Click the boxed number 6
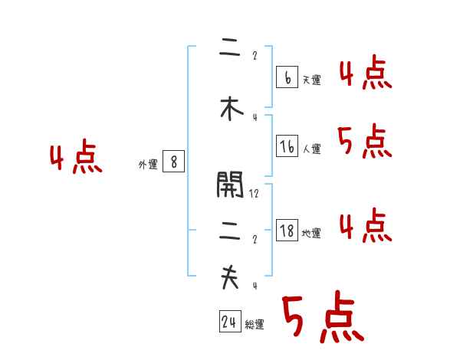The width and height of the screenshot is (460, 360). click(287, 77)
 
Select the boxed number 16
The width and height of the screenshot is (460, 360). click(287, 146)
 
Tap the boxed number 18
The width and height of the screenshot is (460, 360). click(287, 231)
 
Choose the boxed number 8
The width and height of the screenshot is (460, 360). click(174, 162)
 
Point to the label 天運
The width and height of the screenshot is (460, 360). click(311, 80)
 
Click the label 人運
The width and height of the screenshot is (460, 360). click(311, 149)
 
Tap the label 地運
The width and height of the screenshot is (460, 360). click(311, 234)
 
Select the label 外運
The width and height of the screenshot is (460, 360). click(147, 164)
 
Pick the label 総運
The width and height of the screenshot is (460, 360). click(255, 325)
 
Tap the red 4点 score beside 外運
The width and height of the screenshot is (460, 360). click(75, 159)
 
